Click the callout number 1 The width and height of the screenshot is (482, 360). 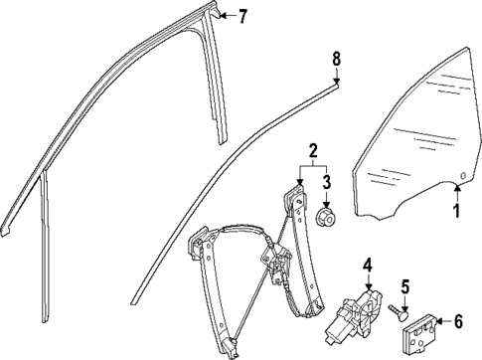pos(457,211)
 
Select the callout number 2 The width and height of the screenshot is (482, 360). pos(312,152)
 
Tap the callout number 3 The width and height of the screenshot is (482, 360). pos(326,182)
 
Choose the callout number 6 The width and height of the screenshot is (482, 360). pos(458,320)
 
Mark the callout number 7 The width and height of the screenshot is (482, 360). pos(242,16)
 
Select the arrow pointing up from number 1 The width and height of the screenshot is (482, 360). pos(457,195)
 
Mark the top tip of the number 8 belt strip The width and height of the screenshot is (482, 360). pos(335,87)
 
